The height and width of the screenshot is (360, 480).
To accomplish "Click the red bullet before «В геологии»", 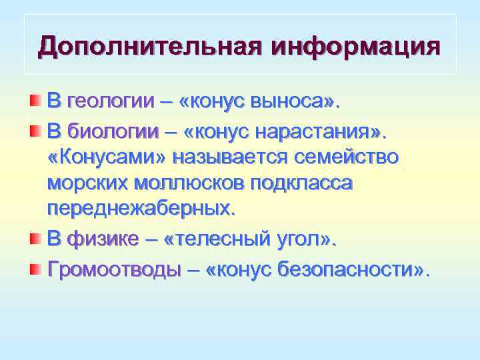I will pos(35,101).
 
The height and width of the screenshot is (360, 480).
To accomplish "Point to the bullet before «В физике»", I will pos(35,239).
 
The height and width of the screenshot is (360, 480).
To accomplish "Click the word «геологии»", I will pos(111,103).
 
